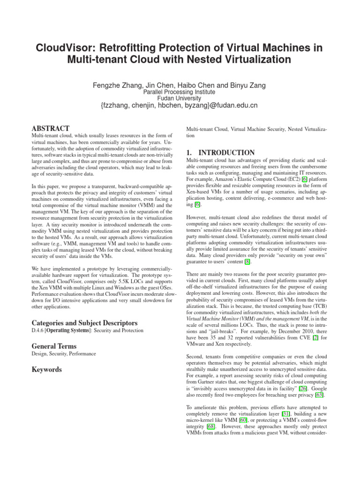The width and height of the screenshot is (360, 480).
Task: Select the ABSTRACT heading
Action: (x=51, y=128)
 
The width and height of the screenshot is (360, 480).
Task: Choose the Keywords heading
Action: (x=46, y=369)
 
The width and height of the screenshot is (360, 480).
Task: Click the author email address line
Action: (x=180, y=105)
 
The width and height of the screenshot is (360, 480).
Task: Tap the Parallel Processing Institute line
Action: (x=180, y=92)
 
